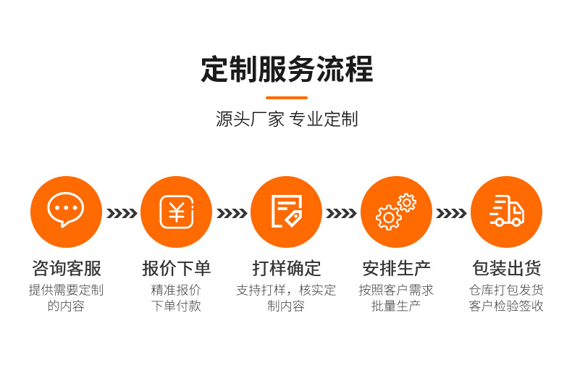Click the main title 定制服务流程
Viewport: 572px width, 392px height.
click(x=287, y=70)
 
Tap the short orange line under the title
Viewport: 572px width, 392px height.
click(x=287, y=98)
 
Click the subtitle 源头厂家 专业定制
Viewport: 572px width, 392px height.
click(x=287, y=120)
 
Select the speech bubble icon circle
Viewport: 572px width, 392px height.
click(x=66, y=212)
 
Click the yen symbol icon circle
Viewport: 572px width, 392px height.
click(x=176, y=212)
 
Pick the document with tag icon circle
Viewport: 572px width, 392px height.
click(x=286, y=212)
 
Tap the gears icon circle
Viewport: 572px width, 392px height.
click(x=396, y=212)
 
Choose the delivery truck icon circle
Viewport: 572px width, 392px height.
click(x=506, y=212)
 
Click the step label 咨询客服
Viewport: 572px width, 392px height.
click(x=66, y=268)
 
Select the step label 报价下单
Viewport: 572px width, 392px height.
click(x=176, y=268)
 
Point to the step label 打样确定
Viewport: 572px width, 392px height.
click(x=286, y=268)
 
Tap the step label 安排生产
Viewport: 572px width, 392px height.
click(x=396, y=268)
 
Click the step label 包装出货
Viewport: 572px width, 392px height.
click(x=506, y=268)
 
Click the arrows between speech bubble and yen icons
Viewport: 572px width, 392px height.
click(x=122, y=213)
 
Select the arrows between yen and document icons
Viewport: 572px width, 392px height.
click(x=232, y=213)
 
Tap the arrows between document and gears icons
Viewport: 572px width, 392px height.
click(x=341, y=213)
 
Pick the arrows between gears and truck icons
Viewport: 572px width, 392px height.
click(x=451, y=213)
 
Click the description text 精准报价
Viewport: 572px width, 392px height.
click(x=176, y=290)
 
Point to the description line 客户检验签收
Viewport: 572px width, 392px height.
click(x=506, y=306)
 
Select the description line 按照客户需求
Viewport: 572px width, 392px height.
click(x=396, y=290)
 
